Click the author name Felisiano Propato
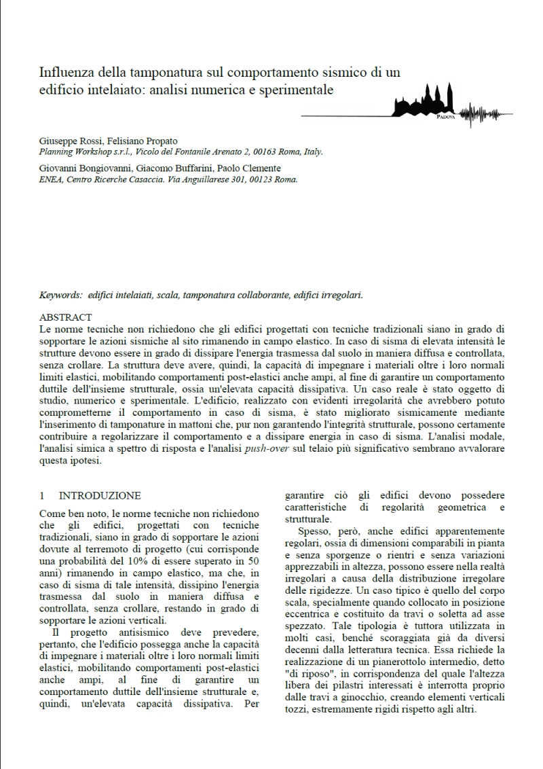(x=139, y=141)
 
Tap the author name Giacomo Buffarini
(x=158, y=168)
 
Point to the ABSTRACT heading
(x=66, y=317)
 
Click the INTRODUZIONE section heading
(x=100, y=496)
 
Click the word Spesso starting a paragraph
(x=314, y=531)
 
